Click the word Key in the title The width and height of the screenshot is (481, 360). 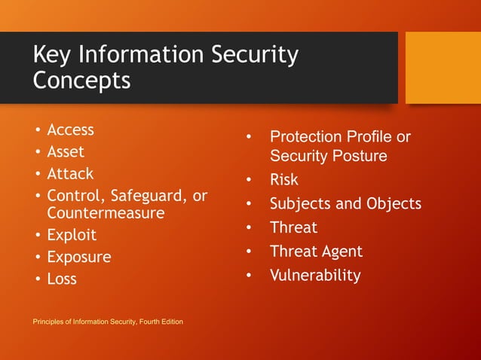(x=53, y=55)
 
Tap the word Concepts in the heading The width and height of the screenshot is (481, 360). (x=81, y=80)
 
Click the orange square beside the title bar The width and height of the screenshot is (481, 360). (x=443, y=67)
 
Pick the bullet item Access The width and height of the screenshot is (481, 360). (x=70, y=130)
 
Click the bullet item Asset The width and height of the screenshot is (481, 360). (x=66, y=151)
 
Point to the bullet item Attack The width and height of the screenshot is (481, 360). (x=70, y=173)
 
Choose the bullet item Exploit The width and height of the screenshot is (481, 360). (x=72, y=235)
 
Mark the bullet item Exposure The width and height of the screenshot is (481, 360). (x=78, y=257)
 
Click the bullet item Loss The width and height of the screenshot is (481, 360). (x=62, y=279)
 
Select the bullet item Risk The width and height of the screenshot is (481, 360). (x=284, y=180)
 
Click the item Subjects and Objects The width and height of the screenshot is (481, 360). (x=345, y=204)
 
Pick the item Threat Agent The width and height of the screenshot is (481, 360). (x=316, y=252)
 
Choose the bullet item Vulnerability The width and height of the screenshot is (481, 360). (x=315, y=276)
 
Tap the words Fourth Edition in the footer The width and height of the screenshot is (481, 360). (x=160, y=322)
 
